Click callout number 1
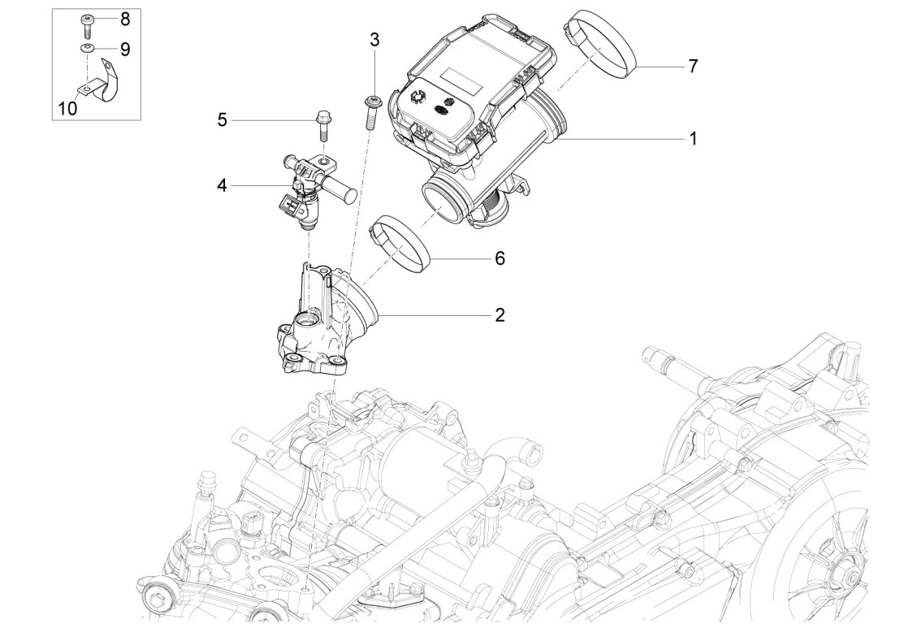[x=693, y=139]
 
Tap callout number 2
[x=500, y=315]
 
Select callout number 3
[x=374, y=40]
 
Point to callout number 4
[x=222, y=185]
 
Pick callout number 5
[x=222, y=120]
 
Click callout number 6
[x=500, y=258]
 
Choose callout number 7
[x=693, y=67]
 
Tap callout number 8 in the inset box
[x=125, y=19]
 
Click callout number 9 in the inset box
[x=125, y=49]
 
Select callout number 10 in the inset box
[x=68, y=108]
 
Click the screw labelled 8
[x=88, y=27]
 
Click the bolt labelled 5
[x=323, y=126]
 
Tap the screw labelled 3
[x=371, y=112]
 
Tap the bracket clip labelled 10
[x=95, y=80]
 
